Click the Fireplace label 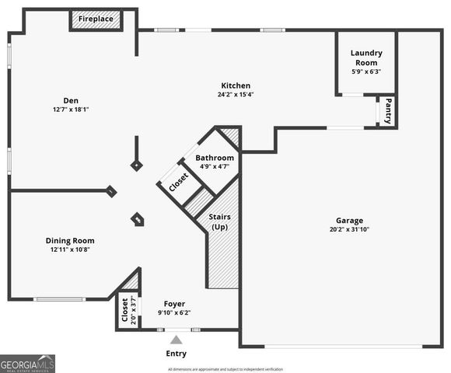(x=96, y=19)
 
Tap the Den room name (x=71, y=99)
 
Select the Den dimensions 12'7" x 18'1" (x=71, y=110)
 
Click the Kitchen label (x=235, y=85)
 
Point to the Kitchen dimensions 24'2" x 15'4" (x=235, y=95)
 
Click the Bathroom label (x=215, y=158)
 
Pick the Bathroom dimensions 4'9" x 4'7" (x=215, y=166)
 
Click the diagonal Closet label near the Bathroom (x=178, y=181)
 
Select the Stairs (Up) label (x=221, y=221)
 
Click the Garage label (x=349, y=220)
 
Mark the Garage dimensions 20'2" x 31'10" (x=349, y=229)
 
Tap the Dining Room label (x=70, y=241)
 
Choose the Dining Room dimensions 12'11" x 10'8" (x=70, y=250)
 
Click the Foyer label (x=174, y=304)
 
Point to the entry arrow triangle (x=177, y=340)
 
